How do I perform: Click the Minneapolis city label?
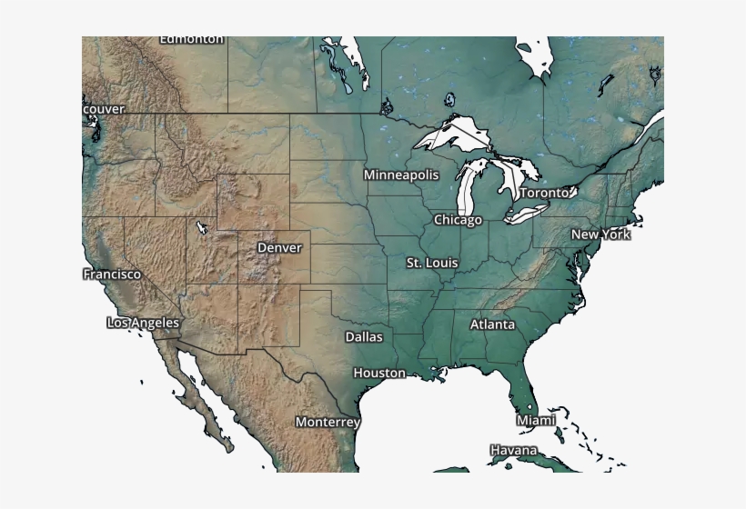401,175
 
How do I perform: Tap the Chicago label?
458,220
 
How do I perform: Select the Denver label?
279,247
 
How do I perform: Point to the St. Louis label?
432,263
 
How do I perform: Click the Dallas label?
364,336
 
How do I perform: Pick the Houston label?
379,373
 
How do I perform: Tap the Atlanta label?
492,324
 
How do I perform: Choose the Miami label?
536,420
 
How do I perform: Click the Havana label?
513,450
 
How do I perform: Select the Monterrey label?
328,422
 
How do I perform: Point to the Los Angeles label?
143,323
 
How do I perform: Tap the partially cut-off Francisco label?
112,274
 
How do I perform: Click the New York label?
600,235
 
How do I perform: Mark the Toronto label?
544,193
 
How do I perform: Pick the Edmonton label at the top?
191,40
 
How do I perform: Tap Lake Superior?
455,134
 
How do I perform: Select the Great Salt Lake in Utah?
200,226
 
